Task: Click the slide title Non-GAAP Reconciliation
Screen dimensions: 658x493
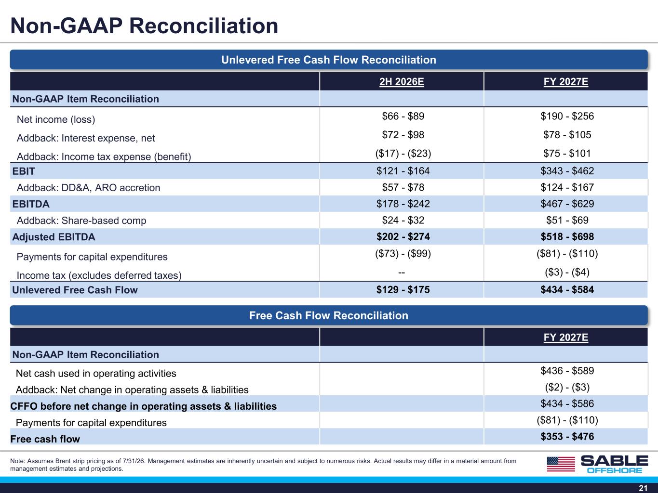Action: [144, 26]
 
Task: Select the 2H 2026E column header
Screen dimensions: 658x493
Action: [402, 81]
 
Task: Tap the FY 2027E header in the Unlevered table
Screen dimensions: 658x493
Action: [566, 81]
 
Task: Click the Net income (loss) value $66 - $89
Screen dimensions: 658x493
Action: [403, 116]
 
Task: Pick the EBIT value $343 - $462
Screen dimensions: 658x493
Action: [567, 171]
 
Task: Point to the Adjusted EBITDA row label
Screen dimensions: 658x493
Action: [54, 237]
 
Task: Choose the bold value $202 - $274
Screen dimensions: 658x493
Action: [403, 237]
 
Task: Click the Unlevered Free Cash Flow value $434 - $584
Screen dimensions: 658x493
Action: [567, 290]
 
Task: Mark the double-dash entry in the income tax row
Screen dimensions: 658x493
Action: [402, 272]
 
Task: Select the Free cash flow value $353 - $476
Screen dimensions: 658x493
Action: [567, 437]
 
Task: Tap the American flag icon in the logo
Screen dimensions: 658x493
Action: [561, 464]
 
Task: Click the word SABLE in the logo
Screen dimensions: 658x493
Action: [615, 461]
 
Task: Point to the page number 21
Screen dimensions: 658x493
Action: [643, 488]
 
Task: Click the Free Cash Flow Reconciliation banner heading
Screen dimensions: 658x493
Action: [329, 315]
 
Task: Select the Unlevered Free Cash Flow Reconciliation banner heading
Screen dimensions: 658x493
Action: [329, 60]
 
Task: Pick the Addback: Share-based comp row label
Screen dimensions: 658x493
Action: [81, 221]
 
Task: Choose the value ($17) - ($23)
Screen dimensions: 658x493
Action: [403, 154]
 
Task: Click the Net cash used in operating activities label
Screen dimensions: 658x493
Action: [96, 374]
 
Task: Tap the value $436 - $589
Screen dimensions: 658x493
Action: [567, 371]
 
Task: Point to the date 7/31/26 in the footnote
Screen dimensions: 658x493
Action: [134, 461]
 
